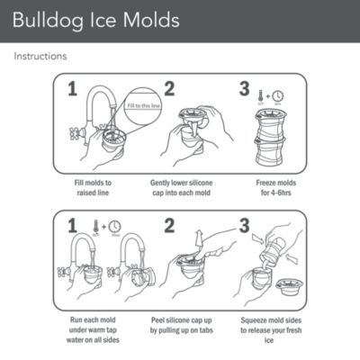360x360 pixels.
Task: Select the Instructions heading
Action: tap(40, 56)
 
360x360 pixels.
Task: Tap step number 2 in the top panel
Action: tap(167, 90)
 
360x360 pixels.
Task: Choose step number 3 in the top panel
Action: tap(241, 90)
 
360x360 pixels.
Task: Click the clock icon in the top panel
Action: tap(278, 95)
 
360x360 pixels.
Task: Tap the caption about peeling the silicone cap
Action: tap(183, 328)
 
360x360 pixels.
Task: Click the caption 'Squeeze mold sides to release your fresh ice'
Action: tap(273, 328)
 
